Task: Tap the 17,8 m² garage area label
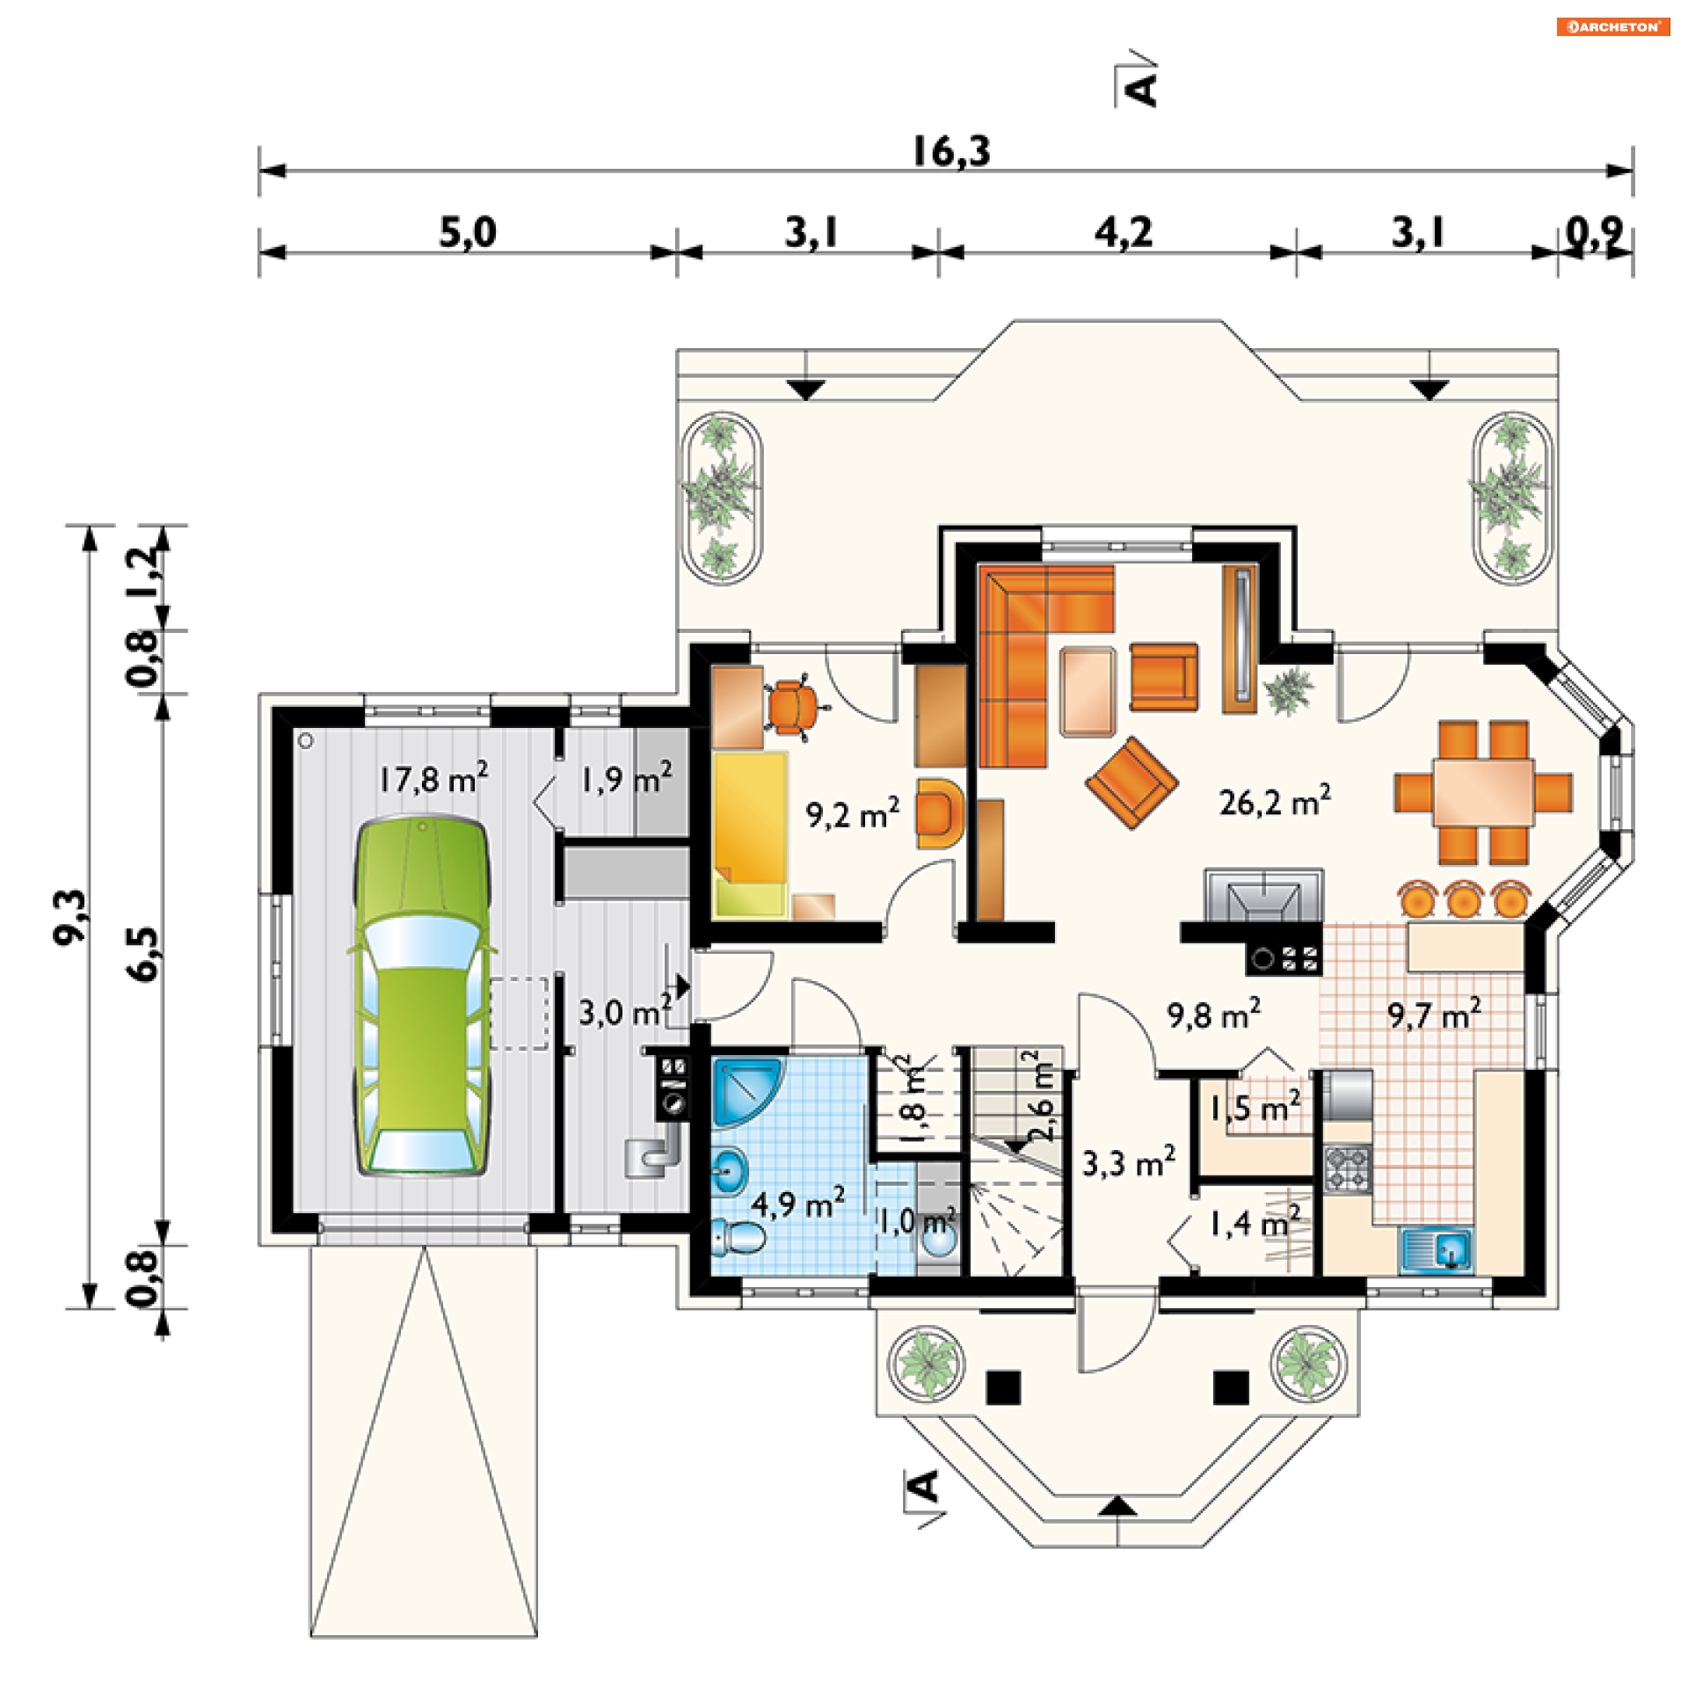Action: click(x=433, y=779)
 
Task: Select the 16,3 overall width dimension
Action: click(x=950, y=151)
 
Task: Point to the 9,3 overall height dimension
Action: click(x=70, y=917)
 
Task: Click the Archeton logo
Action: click(x=1612, y=26)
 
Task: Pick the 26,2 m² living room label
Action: click(x=1274, y=802)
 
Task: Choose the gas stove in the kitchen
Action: click(x=1347, y=1169)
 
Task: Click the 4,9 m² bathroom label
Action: click(x=797, y=1203)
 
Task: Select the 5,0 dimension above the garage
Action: click(x=468, y=232)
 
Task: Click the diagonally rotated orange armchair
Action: click(x=1131, y=782)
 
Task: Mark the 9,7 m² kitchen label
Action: click(x=1434, y=1015)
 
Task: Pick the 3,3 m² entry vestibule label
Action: click(x=1128, y=1163)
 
